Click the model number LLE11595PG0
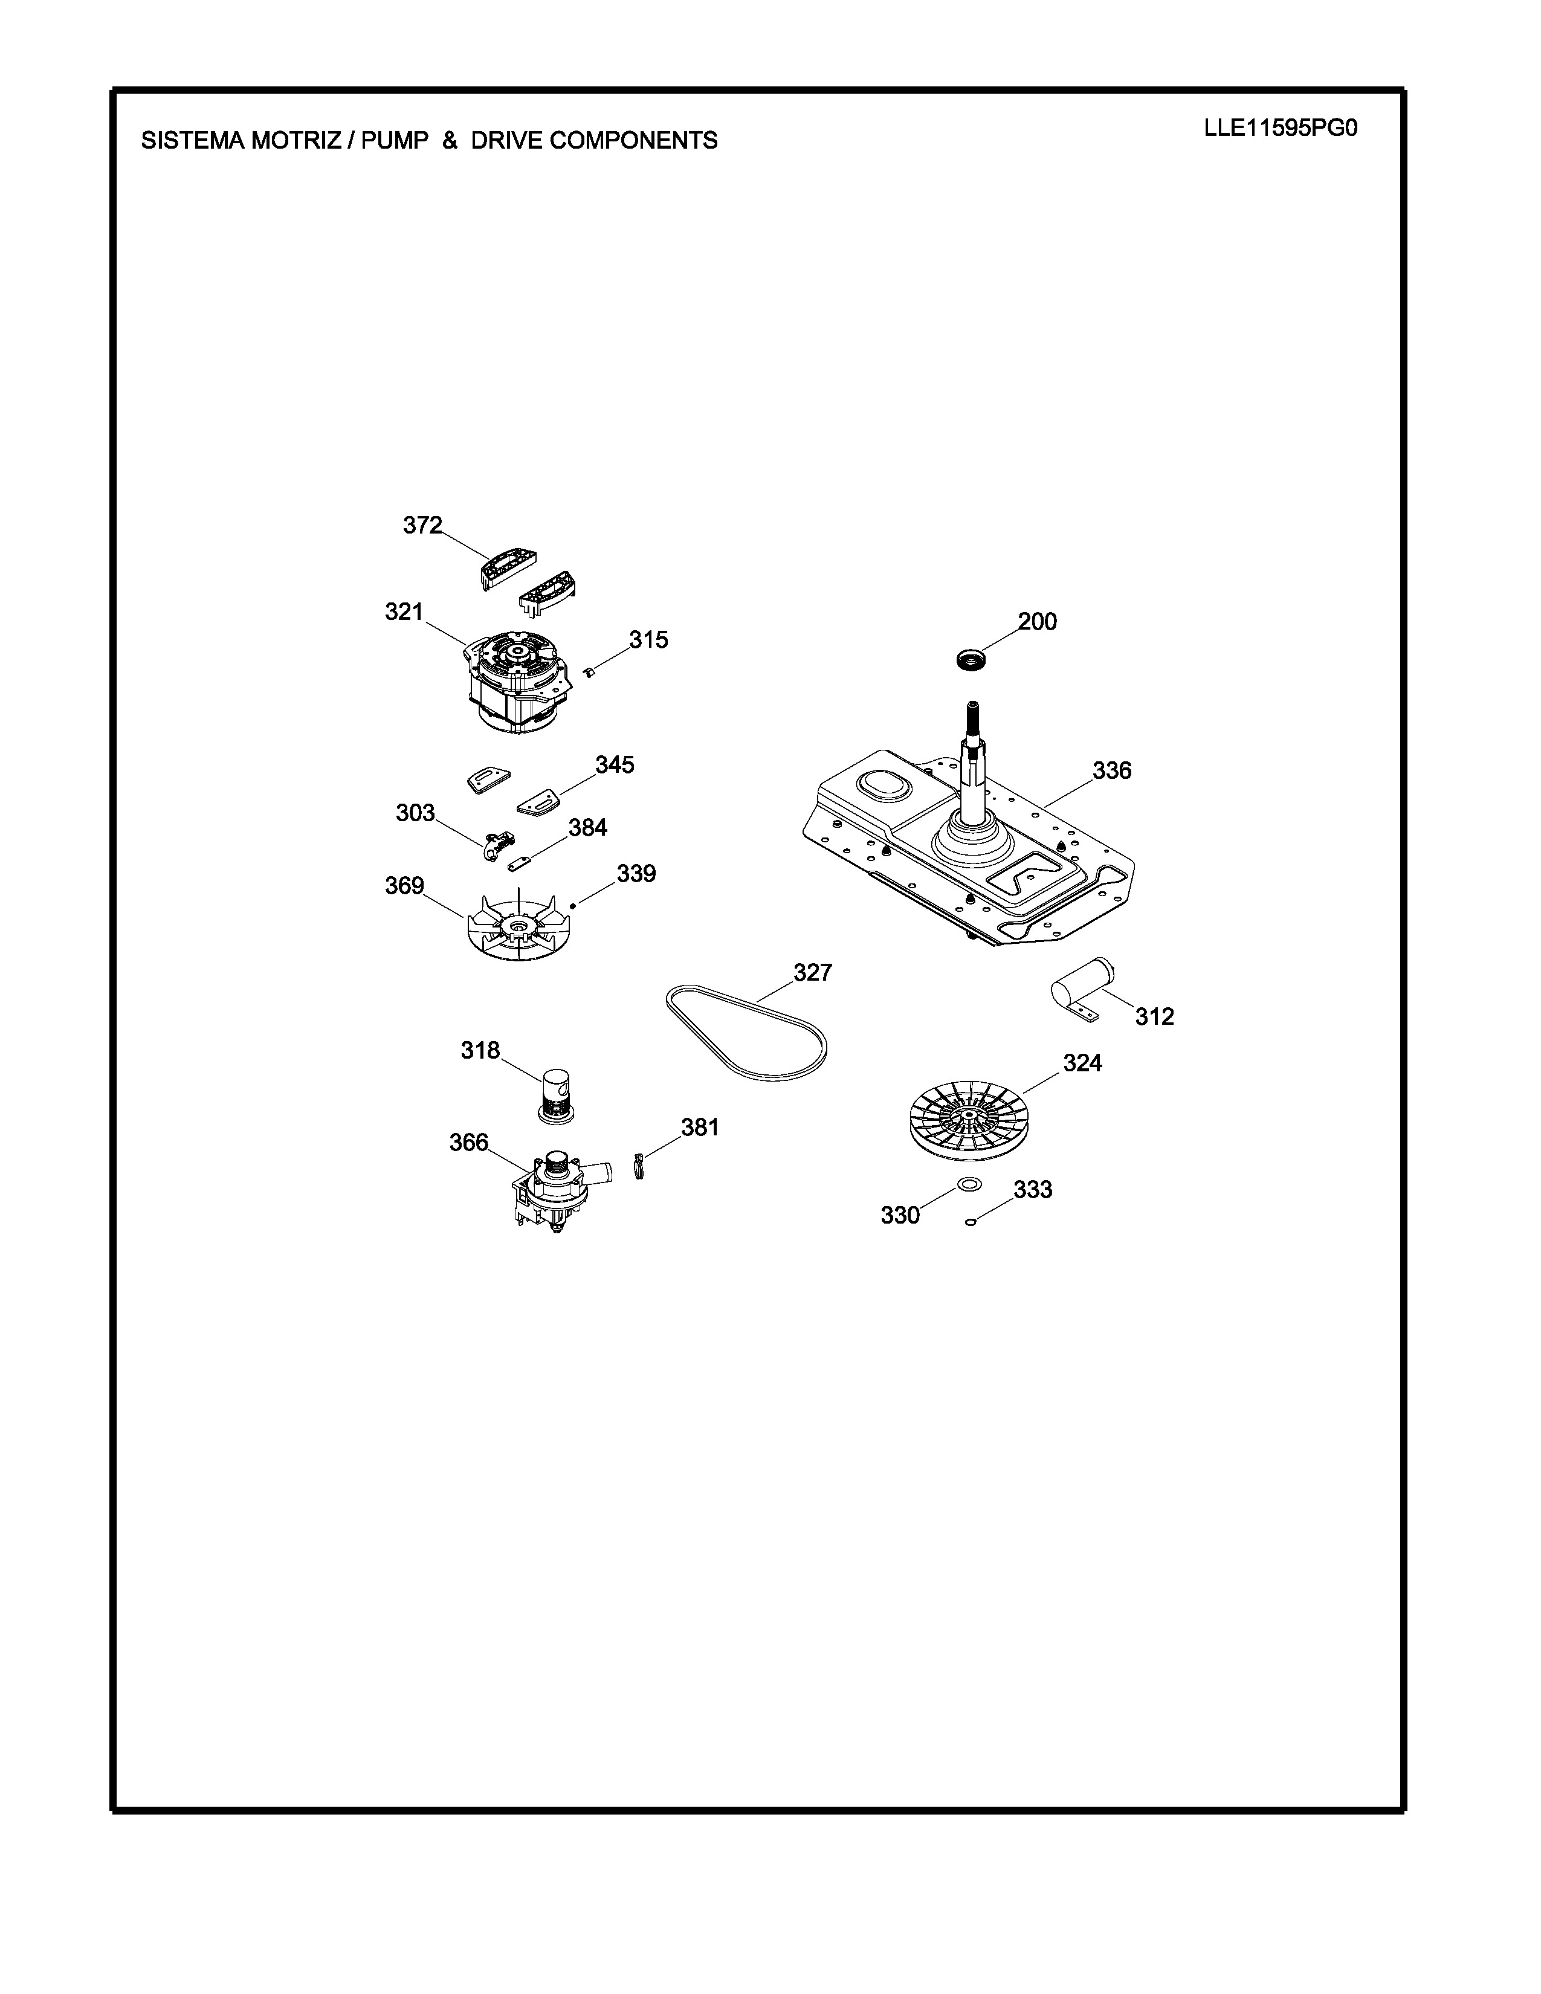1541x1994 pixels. pos(1280,129)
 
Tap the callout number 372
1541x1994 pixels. pos(422,525)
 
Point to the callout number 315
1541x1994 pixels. pos(648,639)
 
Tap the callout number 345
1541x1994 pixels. pos(615,764)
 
